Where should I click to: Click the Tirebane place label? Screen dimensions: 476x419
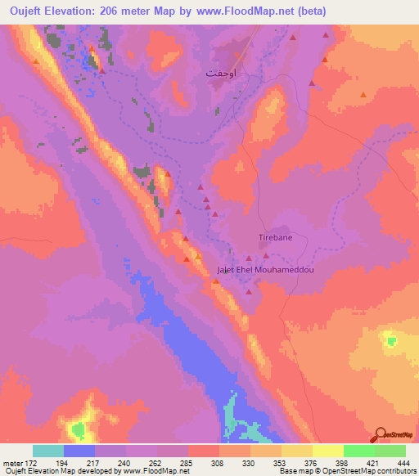coord(276,237)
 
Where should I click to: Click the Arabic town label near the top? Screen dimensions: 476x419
coord(223,73)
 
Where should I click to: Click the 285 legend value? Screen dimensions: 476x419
coord(187,462)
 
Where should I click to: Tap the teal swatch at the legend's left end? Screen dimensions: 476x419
coord(48,451)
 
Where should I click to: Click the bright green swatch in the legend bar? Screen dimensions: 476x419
coord(358,451)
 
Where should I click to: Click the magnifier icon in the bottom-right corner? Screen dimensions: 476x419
coord(381,435)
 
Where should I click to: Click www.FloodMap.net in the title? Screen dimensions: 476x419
coord(261,11)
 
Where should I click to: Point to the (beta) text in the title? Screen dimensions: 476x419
coord(335,11)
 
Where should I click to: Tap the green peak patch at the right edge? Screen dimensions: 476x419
coord(390,339)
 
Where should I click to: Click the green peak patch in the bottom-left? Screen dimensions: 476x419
coord(79,428)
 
